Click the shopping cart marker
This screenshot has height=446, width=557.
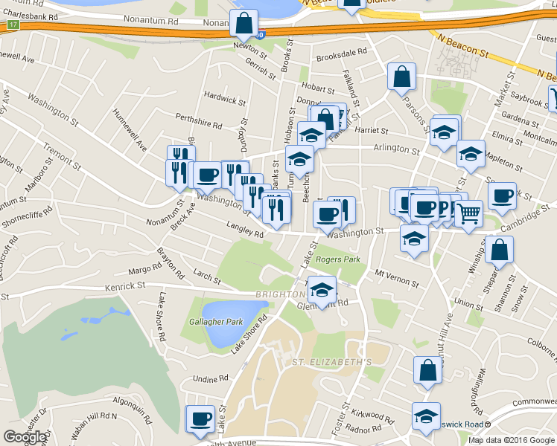(468, 214)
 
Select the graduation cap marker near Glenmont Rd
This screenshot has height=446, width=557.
(322, 290)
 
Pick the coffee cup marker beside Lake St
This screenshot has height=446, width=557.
(200, 419)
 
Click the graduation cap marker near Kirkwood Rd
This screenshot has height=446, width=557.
(426, 417)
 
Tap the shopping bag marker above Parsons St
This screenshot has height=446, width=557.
(401, 77)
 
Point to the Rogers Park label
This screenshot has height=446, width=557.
(337, 259)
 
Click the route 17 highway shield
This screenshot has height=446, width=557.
(13, 25)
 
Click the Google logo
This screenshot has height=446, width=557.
(25, 437)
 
